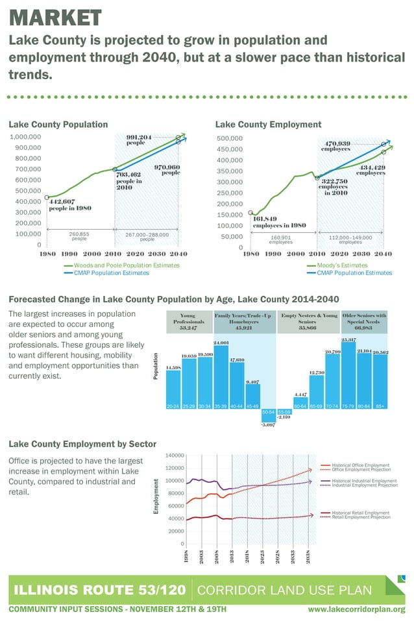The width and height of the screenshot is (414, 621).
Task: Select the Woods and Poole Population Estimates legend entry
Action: click(x=126, y=265)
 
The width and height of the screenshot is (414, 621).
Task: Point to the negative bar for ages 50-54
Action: click(x=269, y=415)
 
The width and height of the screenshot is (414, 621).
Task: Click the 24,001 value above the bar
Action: click(x=221, y=343)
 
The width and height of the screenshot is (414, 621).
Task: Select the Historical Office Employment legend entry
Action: click(x=360, y=465)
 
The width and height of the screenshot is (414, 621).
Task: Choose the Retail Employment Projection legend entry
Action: click(x=360, y=517)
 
